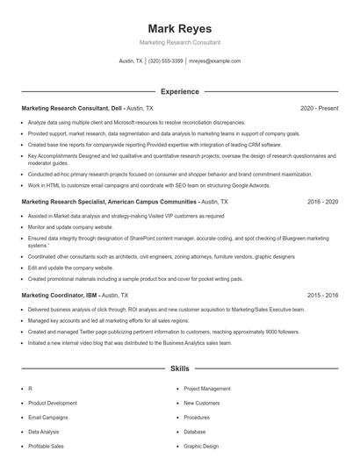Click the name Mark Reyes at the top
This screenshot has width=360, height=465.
point(179,28)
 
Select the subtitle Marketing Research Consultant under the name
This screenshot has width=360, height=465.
point(179,42)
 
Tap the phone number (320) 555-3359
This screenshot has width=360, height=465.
point(165,61)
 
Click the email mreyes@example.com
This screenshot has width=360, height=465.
point(215,61)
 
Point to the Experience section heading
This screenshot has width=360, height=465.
point(179,91)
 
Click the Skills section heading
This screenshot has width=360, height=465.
point(179,369)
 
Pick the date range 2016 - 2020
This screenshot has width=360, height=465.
point(322,201)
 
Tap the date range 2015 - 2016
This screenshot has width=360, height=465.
point(322,296)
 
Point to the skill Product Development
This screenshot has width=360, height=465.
point(52,403)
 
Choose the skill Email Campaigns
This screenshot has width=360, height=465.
point(48,418)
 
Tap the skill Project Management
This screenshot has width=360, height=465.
point(207,388)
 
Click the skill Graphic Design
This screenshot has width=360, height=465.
point(201,447)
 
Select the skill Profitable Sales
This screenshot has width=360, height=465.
point(47,447)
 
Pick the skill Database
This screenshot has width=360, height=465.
point(195,432)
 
